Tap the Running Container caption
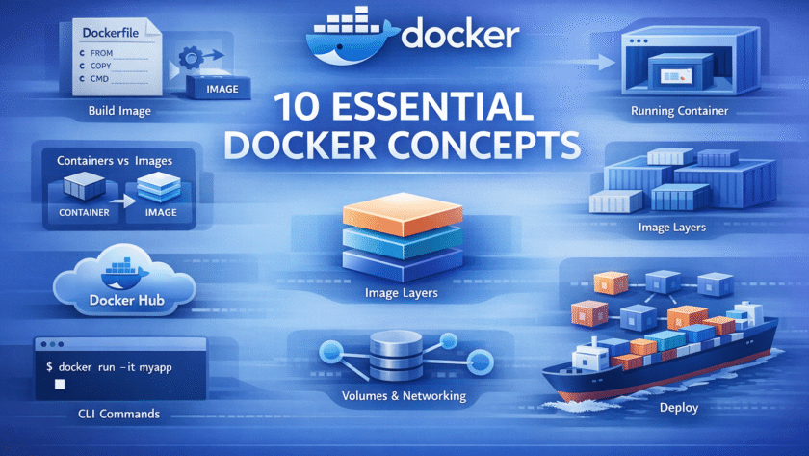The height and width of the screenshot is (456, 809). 679,112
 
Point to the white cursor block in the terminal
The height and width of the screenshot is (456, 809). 59,385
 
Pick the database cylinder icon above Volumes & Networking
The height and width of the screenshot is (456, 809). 390,358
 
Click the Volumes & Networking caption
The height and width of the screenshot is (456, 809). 404,396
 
